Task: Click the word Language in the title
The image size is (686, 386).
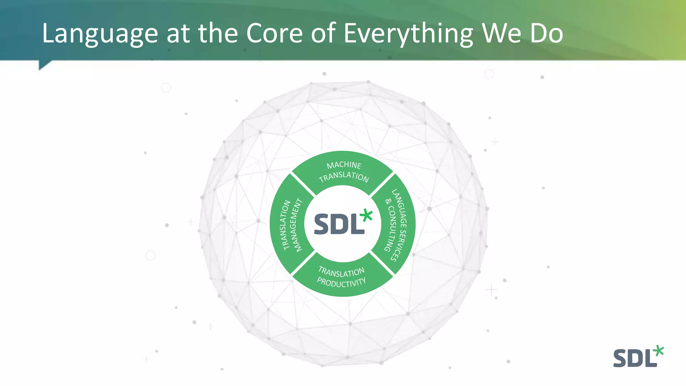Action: pyautogui.click(x=100, y=34)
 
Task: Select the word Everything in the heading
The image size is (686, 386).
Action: pyautogui.click(x=408, y=34)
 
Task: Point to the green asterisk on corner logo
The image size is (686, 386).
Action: pyautogui.click(x=658, y=350)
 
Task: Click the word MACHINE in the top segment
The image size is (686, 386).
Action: pyautogui.click(x=344, y=165)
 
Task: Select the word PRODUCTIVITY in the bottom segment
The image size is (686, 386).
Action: pyautogui.click(x=341, y=282)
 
